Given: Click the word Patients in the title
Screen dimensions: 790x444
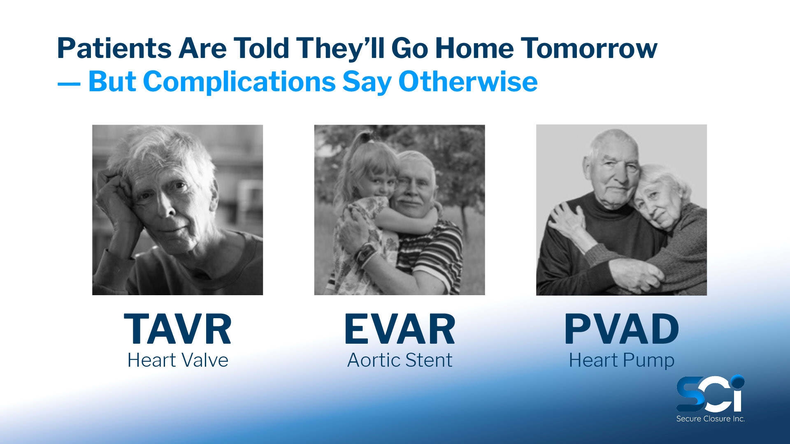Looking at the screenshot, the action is (x=114, y=49).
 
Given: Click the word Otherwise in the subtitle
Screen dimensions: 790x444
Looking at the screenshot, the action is (x=468, y=81).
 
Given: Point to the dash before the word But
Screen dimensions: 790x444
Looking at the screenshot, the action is (x=69, y=84).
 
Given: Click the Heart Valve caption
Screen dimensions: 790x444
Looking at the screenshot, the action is (x=178, y=360).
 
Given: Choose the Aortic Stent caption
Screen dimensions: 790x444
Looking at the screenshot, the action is (x=400, y=360).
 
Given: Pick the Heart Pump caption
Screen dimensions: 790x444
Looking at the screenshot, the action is (x=621, y=361).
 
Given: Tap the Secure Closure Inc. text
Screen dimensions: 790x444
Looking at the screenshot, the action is (x=711, y=419).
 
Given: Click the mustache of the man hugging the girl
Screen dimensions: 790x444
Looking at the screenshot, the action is (x=407, y=202).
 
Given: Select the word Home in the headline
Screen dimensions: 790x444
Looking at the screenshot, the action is (x=474, y=49).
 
